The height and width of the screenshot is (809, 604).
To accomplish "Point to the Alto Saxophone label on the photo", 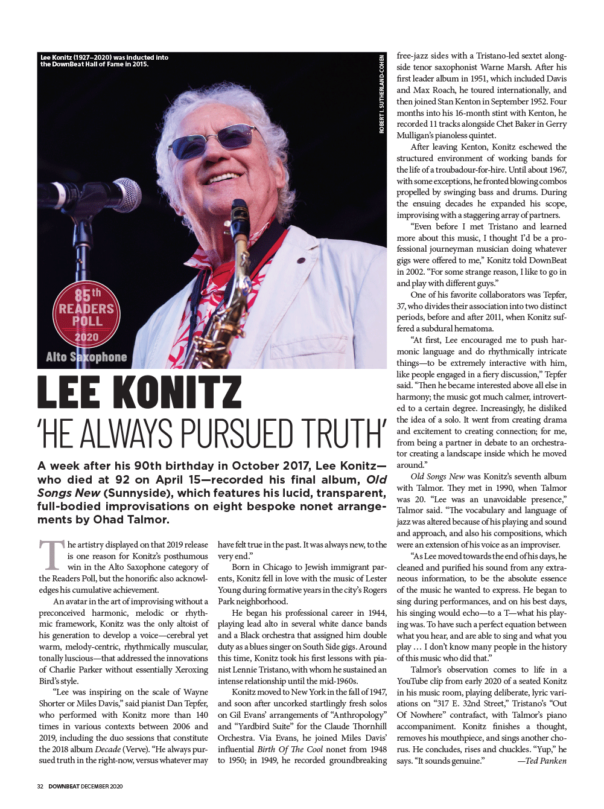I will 86,357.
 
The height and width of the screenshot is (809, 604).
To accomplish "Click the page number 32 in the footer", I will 40,786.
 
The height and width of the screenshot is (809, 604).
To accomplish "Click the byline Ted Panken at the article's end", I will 542,761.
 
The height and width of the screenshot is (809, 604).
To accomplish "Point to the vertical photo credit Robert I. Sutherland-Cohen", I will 381,94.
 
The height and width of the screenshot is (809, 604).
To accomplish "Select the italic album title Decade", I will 108,749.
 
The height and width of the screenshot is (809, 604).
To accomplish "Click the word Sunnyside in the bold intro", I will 134,493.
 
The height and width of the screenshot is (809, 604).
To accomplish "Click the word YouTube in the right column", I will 413,681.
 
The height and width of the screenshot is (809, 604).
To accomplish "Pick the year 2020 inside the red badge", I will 86,337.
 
